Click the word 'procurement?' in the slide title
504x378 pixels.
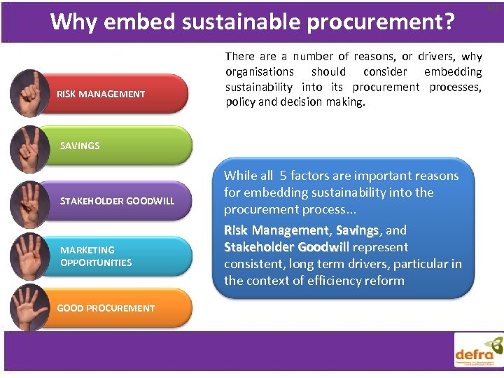[x=385, y=22]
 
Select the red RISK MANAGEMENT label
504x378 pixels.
[x=101, y=94]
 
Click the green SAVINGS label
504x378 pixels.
[x=80, y=146]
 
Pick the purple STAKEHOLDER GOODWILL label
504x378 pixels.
[x=118, y=201]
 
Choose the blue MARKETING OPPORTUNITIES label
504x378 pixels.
[x=96, y=256]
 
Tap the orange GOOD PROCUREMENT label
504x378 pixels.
[x=106, y=308]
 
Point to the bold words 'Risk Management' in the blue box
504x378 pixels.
[x=276, y=230]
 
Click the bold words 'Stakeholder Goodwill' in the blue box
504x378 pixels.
[x=286, y=247]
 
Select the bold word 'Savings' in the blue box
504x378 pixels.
[x=358, y=230]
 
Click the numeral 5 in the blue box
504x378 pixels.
[x=283, y=176]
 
